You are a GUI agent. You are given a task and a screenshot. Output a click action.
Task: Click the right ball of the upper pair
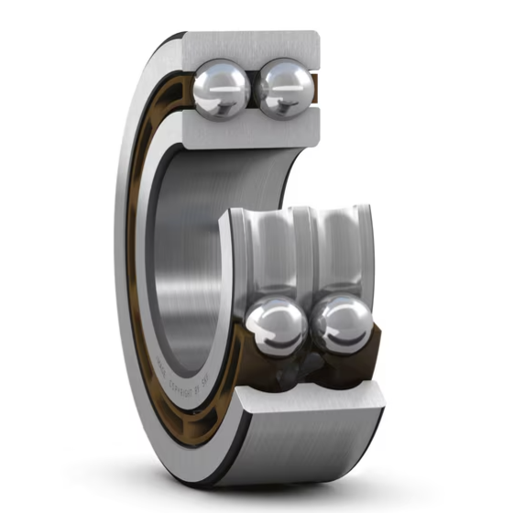point(282,88)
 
